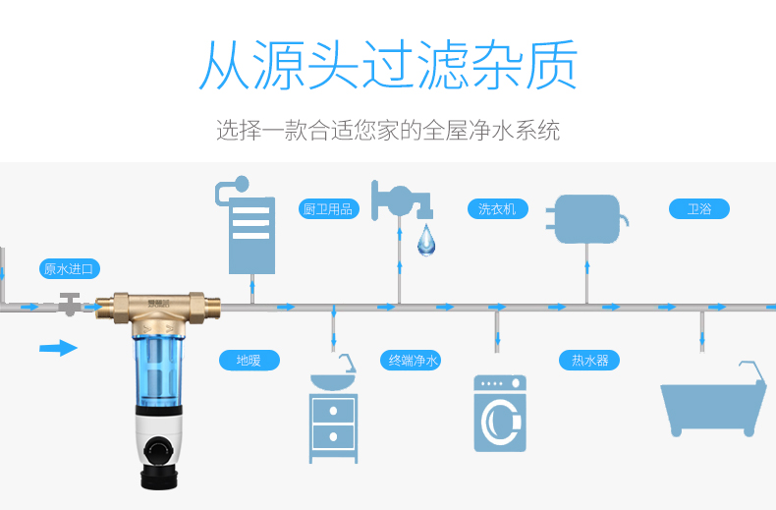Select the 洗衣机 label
(497, 208)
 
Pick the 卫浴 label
(699, 208)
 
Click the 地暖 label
(249, 360)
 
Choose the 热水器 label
(590, 360)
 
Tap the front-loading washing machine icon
(500, 414)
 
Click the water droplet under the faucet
(425, 240)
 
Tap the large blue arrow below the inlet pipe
(58, 347)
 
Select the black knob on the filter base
(158, 450)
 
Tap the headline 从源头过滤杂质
(388, 66)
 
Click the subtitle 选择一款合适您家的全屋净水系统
(388, 130)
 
